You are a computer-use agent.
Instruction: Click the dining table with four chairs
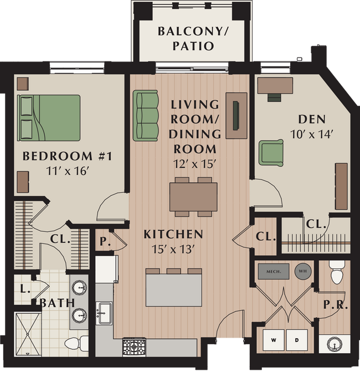point(193,196)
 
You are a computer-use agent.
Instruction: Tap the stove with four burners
point(133,347)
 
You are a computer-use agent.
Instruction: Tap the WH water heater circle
point(302,271)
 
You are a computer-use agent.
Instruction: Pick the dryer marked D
point(297,339)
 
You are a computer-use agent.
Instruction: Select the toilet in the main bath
point(76,343)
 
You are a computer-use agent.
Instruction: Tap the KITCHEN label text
point(173,234)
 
